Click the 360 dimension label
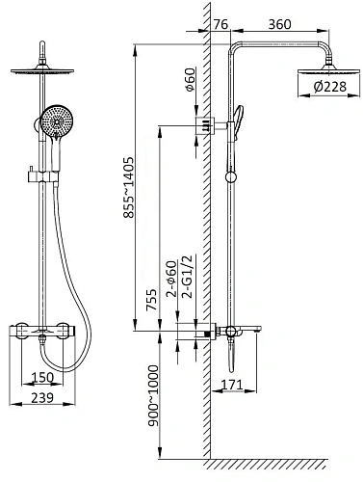279,24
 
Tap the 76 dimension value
220,24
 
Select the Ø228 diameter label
329,87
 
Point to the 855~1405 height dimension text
129,187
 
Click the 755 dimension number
152,300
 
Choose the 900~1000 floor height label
153,395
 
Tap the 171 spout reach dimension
233,385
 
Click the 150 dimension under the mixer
42,377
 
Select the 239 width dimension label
42,398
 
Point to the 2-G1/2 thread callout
187,277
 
